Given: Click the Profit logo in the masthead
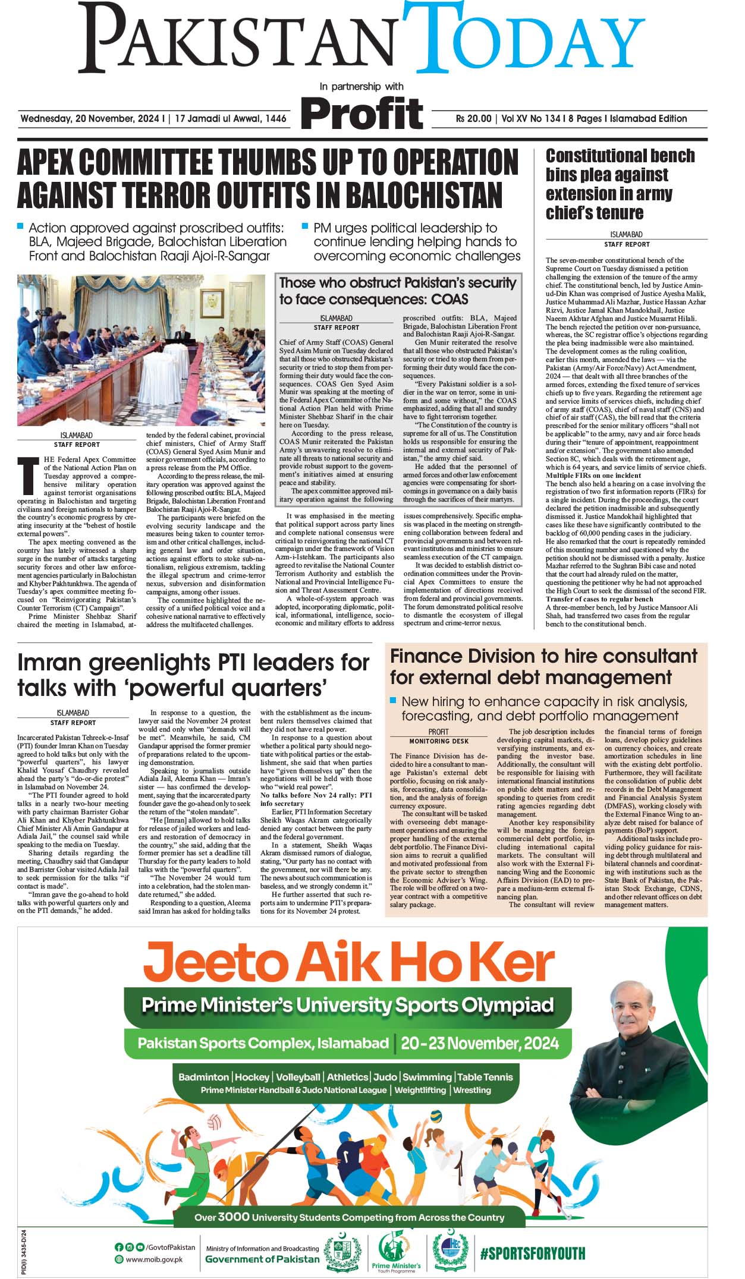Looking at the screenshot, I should [362, 113].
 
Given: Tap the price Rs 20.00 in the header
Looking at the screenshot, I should [473, 119].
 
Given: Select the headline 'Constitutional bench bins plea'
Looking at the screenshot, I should [620, 184].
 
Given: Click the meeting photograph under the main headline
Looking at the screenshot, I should [141, 349].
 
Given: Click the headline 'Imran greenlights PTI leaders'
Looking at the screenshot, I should [193, 675].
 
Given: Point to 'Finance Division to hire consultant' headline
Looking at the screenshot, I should [543, 666].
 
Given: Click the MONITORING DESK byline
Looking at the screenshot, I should [438, 741].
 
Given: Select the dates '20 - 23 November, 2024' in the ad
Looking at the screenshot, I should [479, 1043].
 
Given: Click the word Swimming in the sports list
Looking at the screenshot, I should [426, 1077].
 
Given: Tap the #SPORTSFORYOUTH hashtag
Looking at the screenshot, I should [532, 1253].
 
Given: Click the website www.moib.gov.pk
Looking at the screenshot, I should [154, 1259].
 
